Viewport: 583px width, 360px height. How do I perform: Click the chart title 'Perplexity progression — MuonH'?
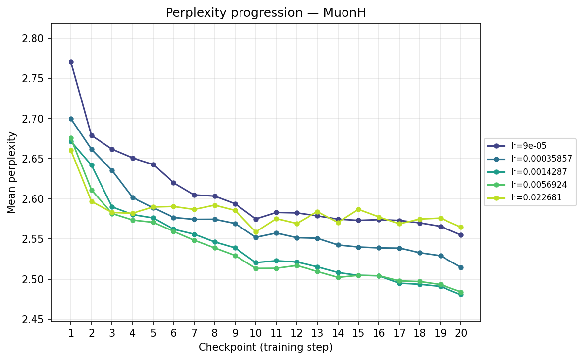[x=266, y=13]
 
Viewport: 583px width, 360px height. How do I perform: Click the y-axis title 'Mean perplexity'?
[x=12, y=172]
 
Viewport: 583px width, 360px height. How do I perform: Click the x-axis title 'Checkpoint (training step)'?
[x=266, y=347]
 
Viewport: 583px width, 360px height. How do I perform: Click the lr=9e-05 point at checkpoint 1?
[x=71, y=62]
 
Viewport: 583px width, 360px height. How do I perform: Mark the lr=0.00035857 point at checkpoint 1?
[x=71, y=119]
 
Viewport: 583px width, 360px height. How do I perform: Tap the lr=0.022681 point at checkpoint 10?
[x=256, y=232]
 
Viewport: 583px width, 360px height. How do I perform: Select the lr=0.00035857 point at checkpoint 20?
[x=461, y=267]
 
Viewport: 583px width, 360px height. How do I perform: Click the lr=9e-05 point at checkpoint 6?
[x=173, y=183]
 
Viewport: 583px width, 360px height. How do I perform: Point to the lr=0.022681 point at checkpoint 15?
[x=358, y=209]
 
